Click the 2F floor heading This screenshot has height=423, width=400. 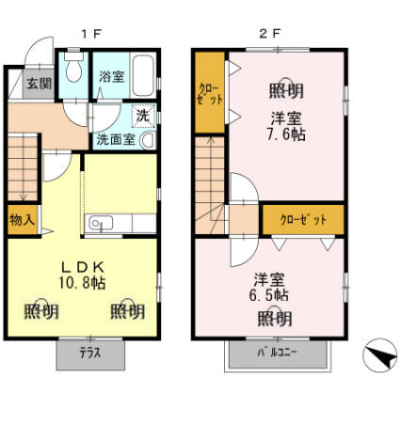pyautogui.click(x=268, y=32)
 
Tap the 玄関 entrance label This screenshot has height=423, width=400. pyautogui.click(x=39, y=83)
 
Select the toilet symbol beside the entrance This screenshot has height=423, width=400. pyautogui.click(x=75, y=73)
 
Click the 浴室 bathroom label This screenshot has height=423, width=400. pyautogui.click(x=112, y=76)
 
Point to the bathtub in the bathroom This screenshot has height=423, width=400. pyautogui.click(x=143, y=74)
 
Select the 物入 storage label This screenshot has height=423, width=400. pyautogui.click(x=23, y=221)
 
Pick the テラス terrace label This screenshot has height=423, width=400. pyautogui.click(x=89, y=355)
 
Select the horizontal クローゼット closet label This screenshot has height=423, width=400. pyautogui.click(x=303, y=219)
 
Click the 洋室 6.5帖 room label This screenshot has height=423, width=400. pyautogui.click(x=270, y=288)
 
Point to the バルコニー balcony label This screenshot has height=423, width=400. pyautogui.click(x=277, y=355)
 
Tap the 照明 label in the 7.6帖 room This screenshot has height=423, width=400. pyautogui.click(x=287, y=91)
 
